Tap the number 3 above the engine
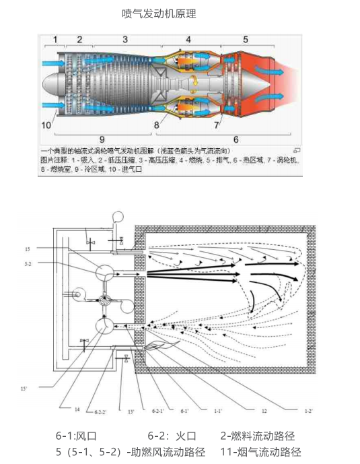[125, 40]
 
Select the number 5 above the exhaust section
[246, 40]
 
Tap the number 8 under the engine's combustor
[156, 125]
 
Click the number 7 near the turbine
[217, 125]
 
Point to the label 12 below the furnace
[264, 409]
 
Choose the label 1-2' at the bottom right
[308, 409]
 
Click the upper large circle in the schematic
[104, 273]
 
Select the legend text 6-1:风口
[76, 436]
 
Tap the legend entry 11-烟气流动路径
[262, 452]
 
